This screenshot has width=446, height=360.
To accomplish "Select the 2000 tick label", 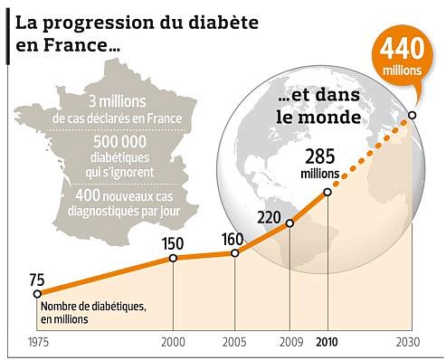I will [x=174, y=343].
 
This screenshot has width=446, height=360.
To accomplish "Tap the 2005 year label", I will [x=235, y=343].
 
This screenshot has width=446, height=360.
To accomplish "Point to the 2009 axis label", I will [x=289, y=343].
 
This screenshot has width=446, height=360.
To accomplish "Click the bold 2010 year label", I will [x=327, y=343].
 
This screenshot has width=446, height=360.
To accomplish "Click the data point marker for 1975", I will [x=36, y=293].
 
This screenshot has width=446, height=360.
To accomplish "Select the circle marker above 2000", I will [x=174, y=258].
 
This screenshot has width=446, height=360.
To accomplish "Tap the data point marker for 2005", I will [x=235, y=253].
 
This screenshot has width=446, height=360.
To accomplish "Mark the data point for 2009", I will [x=289, y=223].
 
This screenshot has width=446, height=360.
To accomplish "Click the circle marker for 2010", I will [x=327, y=192].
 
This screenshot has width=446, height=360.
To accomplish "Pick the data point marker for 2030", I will [x=413, y=115].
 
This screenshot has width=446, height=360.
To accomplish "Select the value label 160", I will [x=234, y=237].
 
